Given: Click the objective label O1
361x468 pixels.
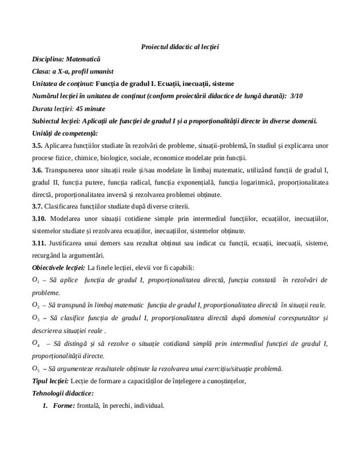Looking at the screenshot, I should pyautogui.click(x=36, y=281).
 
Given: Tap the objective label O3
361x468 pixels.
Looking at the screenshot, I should pyautogui.click(x=36, y=318).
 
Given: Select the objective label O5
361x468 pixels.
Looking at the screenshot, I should pyautogui.click(x=36, y=369).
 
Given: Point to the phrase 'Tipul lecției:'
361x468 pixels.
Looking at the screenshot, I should pyautogui.click(x=51, y=381).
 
